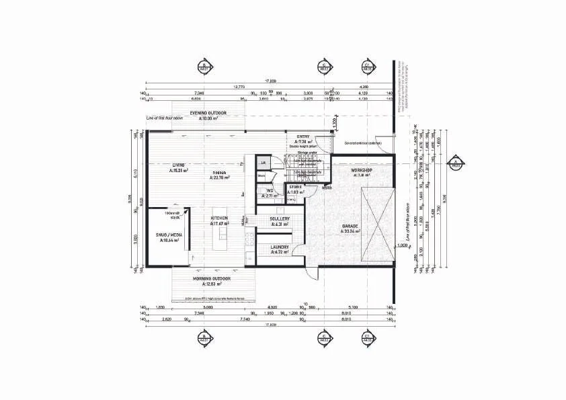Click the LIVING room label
(178, 164)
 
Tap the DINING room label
(219, 173)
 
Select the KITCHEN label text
(219, 218)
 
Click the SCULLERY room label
(280, 218)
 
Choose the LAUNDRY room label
(280, 247)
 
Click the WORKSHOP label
(362, 171)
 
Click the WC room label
(270, 190)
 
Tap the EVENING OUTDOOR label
(207, 112)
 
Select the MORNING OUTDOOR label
(212, 278)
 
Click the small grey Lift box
(264, 163)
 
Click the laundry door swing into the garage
(300, 252)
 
